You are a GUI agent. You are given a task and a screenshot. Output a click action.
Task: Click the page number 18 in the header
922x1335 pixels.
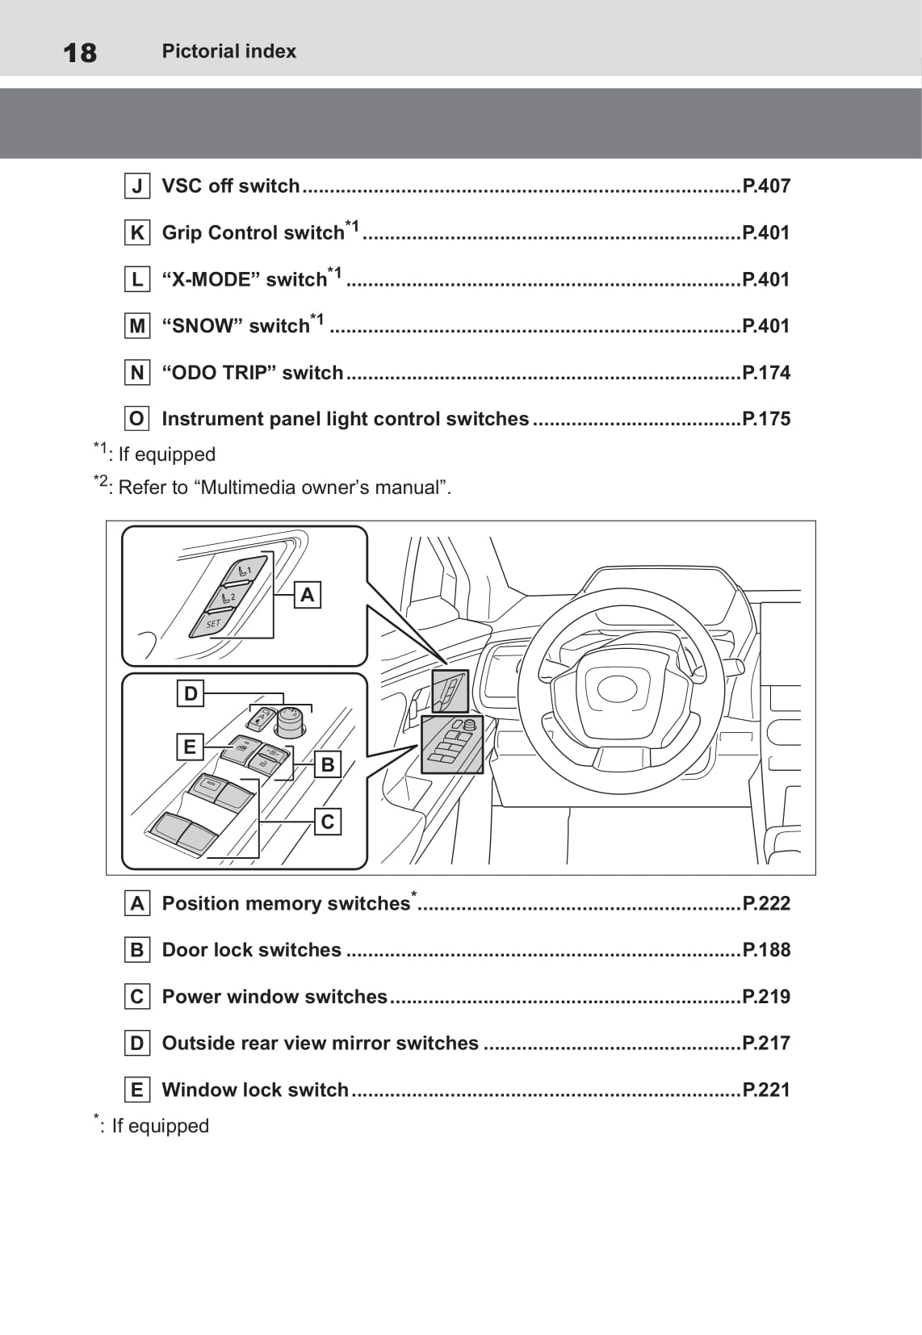coord(80,53)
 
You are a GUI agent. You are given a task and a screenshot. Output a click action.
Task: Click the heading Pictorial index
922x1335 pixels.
coord(228,51)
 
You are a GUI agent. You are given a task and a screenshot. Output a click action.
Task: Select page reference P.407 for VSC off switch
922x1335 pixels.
coord(765,186)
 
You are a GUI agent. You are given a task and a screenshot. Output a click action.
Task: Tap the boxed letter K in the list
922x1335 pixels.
coord(137,233)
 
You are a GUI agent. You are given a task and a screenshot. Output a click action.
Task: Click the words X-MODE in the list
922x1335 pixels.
coord(212,280)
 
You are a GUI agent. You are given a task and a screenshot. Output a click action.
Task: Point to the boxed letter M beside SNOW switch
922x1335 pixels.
coord(137,326)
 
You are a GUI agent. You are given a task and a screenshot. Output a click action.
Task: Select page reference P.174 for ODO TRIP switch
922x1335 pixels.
coord(765,373)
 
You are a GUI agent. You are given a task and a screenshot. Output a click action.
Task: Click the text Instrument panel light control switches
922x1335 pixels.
coord(346,419)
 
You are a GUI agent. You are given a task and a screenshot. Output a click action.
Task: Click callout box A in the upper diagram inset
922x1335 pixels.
coord(307,595)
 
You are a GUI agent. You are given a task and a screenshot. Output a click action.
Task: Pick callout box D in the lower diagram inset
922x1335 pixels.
coord(191,693)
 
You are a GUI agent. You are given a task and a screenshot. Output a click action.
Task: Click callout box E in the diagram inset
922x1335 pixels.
coord(190,747)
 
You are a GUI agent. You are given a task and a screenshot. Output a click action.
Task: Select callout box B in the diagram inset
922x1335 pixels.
coord(327,764)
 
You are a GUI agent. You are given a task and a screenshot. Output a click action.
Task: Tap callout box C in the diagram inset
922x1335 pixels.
coord(327,822)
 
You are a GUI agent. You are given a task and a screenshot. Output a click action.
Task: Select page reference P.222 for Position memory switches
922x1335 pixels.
coord(765,903)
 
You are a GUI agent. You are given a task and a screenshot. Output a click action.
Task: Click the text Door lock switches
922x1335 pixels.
coord(252,950)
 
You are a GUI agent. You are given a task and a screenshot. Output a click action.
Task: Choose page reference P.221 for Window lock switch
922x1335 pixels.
coord(765,1090)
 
